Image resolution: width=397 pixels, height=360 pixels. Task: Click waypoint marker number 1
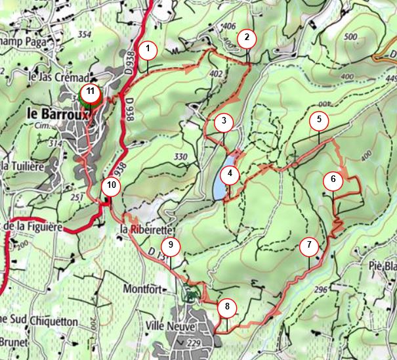pos(148,49)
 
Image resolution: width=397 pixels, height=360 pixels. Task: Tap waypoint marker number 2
pos(247,37)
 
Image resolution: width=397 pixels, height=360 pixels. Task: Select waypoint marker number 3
pos(224,122)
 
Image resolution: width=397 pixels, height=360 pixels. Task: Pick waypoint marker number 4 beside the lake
pos(229,175)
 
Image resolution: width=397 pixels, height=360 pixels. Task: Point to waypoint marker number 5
pos(319,120)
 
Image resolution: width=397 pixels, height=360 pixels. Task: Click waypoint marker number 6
pos(333,179)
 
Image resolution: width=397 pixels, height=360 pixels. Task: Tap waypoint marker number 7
pos(309,247)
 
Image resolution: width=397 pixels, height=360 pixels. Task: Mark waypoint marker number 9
pos(170,246)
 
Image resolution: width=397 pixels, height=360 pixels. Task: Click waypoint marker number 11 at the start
pos(90,93)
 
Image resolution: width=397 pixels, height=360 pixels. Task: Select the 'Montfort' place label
pos(142,288)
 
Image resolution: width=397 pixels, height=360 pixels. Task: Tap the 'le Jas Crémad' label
pos(58,77)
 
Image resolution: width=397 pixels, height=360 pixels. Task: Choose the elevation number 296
pos(320,290)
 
